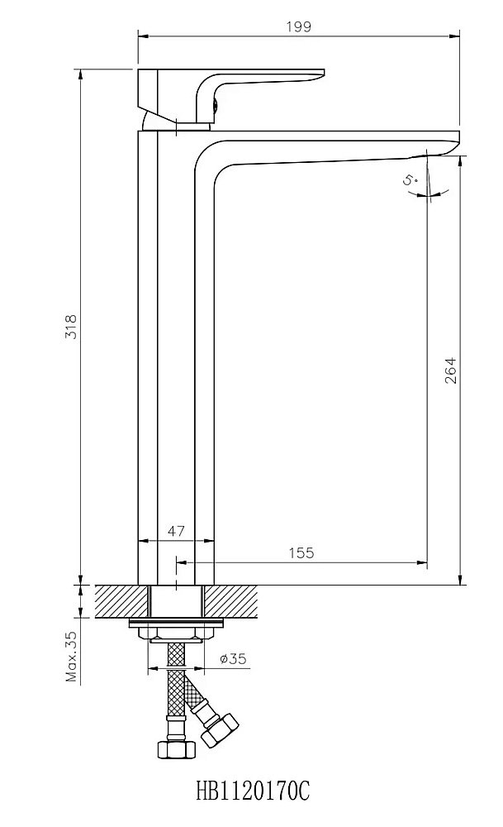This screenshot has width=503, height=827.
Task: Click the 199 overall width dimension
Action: (299, 26)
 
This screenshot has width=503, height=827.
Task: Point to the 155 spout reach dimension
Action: (302, 552)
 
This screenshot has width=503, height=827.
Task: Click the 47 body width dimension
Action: (176, 531)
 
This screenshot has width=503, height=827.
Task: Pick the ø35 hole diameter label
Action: (233, 659)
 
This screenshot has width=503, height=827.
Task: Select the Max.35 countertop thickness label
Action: (71, 656)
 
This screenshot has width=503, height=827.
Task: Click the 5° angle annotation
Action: (410, 179)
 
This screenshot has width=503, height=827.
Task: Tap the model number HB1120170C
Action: (253, 792)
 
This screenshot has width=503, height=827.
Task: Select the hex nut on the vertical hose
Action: (174, 749)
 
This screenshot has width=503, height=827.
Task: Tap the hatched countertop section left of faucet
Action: (122, 600)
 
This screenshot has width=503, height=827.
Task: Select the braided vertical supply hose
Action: (175, 686)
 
